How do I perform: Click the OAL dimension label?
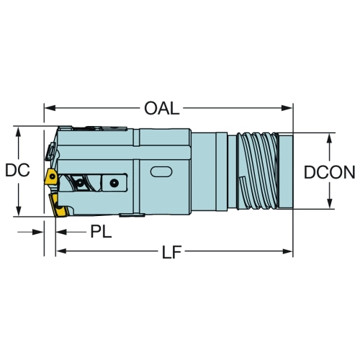coord(162,108)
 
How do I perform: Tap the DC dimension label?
coord(17,170)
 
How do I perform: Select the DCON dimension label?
coord(329,172)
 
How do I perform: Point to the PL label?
coord(101,232)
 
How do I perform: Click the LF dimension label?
coord(171,252)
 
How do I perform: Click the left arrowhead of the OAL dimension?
coord(50,108)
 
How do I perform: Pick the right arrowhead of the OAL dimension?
coord(287,108)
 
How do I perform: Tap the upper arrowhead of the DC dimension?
coord(18,132)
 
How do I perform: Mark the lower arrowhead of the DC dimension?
coord(18,210)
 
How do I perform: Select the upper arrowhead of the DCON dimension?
coord(330,138)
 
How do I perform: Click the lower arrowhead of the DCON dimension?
coord(330,203)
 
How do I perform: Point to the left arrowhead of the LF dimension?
coord(61,251)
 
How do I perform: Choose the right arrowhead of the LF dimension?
coord(287,251)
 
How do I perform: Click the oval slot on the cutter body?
coord(161,172)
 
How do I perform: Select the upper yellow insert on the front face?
coord(51,176)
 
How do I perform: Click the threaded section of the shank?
coord(257,171)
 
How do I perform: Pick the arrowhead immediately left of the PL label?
coord(61,232)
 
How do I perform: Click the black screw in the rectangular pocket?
coord(114,183)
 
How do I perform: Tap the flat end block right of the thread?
coord(286,171)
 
